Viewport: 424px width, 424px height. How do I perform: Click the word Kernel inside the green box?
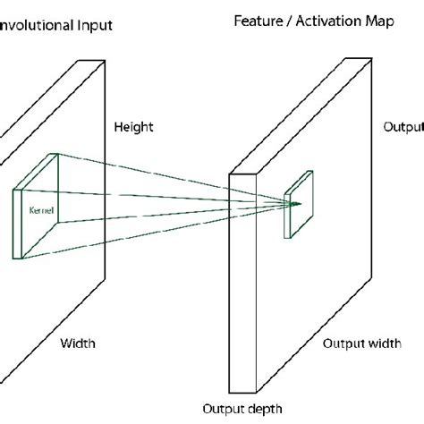pos(41,210)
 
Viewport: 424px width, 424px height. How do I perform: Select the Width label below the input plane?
pos(77,343)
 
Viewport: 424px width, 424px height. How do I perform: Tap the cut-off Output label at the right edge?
pos(403,127)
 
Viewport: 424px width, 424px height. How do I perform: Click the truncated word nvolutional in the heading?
pos(34,26)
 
